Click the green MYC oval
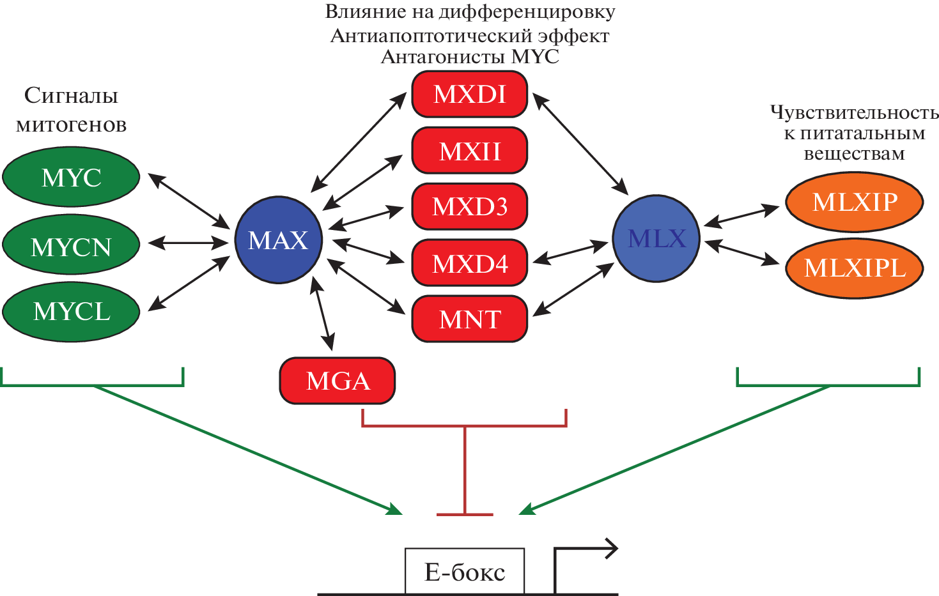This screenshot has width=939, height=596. click(71, 177)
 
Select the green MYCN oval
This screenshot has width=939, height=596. click(71, 245)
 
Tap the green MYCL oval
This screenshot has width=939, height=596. click(71, 312)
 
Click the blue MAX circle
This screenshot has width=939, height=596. click(279, 240)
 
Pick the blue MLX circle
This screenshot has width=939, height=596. click(656, 238)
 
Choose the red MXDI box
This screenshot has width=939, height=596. click(470, 94)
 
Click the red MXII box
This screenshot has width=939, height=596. click(470, 151)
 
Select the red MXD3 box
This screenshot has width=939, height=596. click(470, 206)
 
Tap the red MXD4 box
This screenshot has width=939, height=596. click(470, 263)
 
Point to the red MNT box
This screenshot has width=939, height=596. click(470, 319)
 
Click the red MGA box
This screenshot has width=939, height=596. click(338, 381)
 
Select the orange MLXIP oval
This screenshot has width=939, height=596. click(855, 202)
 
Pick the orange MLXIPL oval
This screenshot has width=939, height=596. click(855, 268)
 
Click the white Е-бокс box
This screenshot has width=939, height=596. click(465, 571)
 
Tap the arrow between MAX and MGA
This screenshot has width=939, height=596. click(322, 313)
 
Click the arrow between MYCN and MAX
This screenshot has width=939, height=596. click(188, 243)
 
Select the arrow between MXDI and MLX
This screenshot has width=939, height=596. click(580, 144)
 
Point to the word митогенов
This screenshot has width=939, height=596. click(71, 125)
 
